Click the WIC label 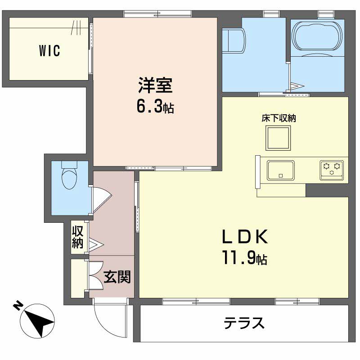pyautogui.click(x=49, y=51)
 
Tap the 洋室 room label pyautogui.click(x=155, y=85)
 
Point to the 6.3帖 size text pyautogui.click(x=155, y=107)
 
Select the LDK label pyautogui.click(x=245, y=237)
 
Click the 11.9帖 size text pyautogui.click(x=244, y=258)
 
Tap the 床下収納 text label pyautogui.click(x=279, y=118)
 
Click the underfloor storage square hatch pyautogui.click(x=278, y=138)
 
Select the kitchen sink pyautogui.click(x=280, y=170)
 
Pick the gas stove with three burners pyautogui.click(x=332, y=170)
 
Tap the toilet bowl pyautogui.click(x=69, y=175)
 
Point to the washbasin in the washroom pyautogui.click(x=234, y=41)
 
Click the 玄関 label pyautogui.click(x=117, y=277)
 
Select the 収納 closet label pyautogui.click(x=77, y=237)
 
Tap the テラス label pyautogui.click(x=244, y=323)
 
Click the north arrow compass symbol pyautogui.click(x=37, y=321)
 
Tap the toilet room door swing pyautogui.click(x=102, y=199)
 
